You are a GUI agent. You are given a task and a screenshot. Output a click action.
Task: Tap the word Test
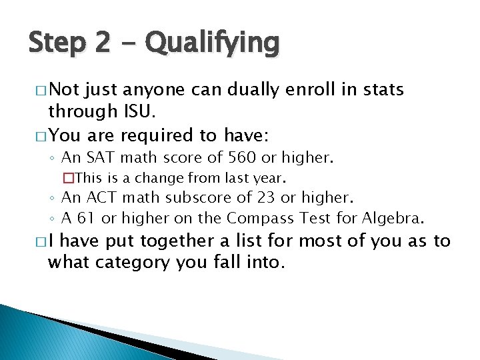pyautogui.click(x=311, y=218)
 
